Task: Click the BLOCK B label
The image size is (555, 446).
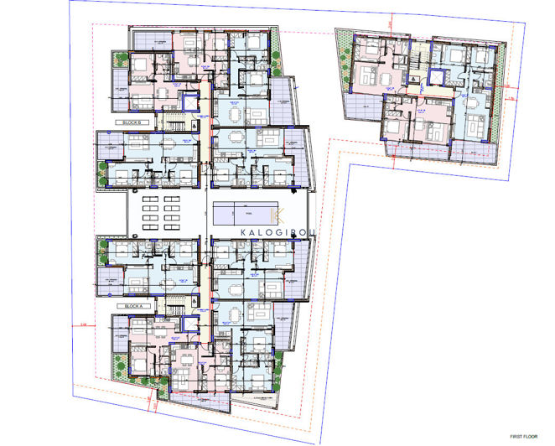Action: point(134,123)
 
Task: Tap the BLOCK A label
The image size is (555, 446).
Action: point(134,307)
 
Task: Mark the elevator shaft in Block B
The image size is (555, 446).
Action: point(202,87)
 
